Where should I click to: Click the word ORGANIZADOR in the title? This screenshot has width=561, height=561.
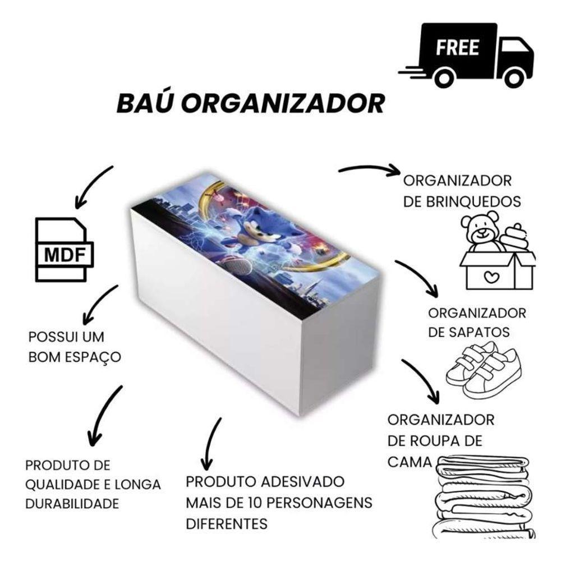284,103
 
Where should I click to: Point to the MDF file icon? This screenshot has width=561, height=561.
61,249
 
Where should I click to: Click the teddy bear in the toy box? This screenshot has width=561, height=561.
481,233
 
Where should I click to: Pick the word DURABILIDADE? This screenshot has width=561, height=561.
72,503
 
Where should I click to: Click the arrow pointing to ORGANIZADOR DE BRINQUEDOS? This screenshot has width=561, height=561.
368,169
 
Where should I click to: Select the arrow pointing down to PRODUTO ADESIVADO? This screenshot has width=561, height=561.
210,443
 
